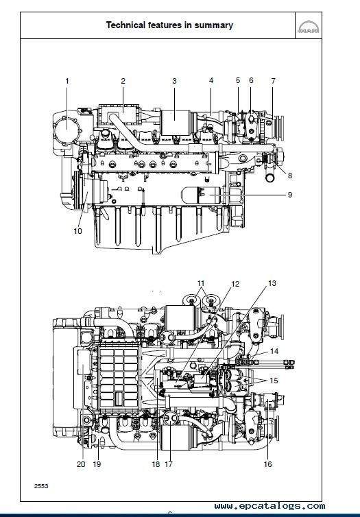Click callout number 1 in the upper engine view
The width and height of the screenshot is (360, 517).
(x=67, y=81)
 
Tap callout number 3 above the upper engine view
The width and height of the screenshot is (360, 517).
(x=174, y=81)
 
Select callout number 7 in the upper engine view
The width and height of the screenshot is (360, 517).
(x=273, y=81)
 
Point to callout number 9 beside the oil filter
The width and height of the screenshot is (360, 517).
(x=290, y=195)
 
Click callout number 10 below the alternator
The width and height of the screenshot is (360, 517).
(x=77, y=231)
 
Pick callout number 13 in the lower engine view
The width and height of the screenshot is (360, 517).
(x=272, y=283)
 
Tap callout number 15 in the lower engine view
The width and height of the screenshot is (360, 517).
(x=274, y=381)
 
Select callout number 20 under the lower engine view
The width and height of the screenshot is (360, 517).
(x=81, y=464)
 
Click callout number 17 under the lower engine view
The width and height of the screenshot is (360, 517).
(x=169, y=464)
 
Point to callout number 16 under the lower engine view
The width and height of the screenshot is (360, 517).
(x=267, y=464)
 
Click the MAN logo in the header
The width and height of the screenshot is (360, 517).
(x=309, y=27)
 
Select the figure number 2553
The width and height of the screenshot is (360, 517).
(x=41, y=486)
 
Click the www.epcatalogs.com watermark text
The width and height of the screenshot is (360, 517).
(x=269, y=506)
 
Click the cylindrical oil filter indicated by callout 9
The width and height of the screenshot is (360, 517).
(x=202, y=195)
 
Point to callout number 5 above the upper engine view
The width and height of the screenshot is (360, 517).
(x=238, y=80)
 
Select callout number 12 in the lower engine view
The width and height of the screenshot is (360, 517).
(x=235, y=285)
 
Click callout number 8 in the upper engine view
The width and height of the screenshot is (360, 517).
(x=290, y=176)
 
